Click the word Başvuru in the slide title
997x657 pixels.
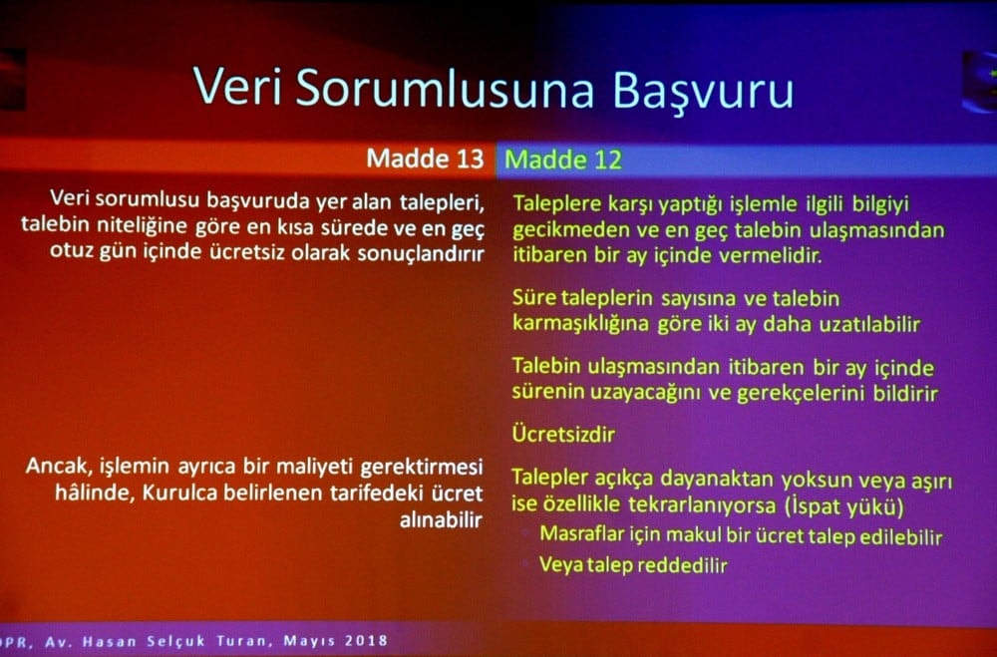point(703,89)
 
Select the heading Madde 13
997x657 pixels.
point(425,159)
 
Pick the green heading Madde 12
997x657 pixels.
point(563,160)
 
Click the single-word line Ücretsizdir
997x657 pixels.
point(562,435)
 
